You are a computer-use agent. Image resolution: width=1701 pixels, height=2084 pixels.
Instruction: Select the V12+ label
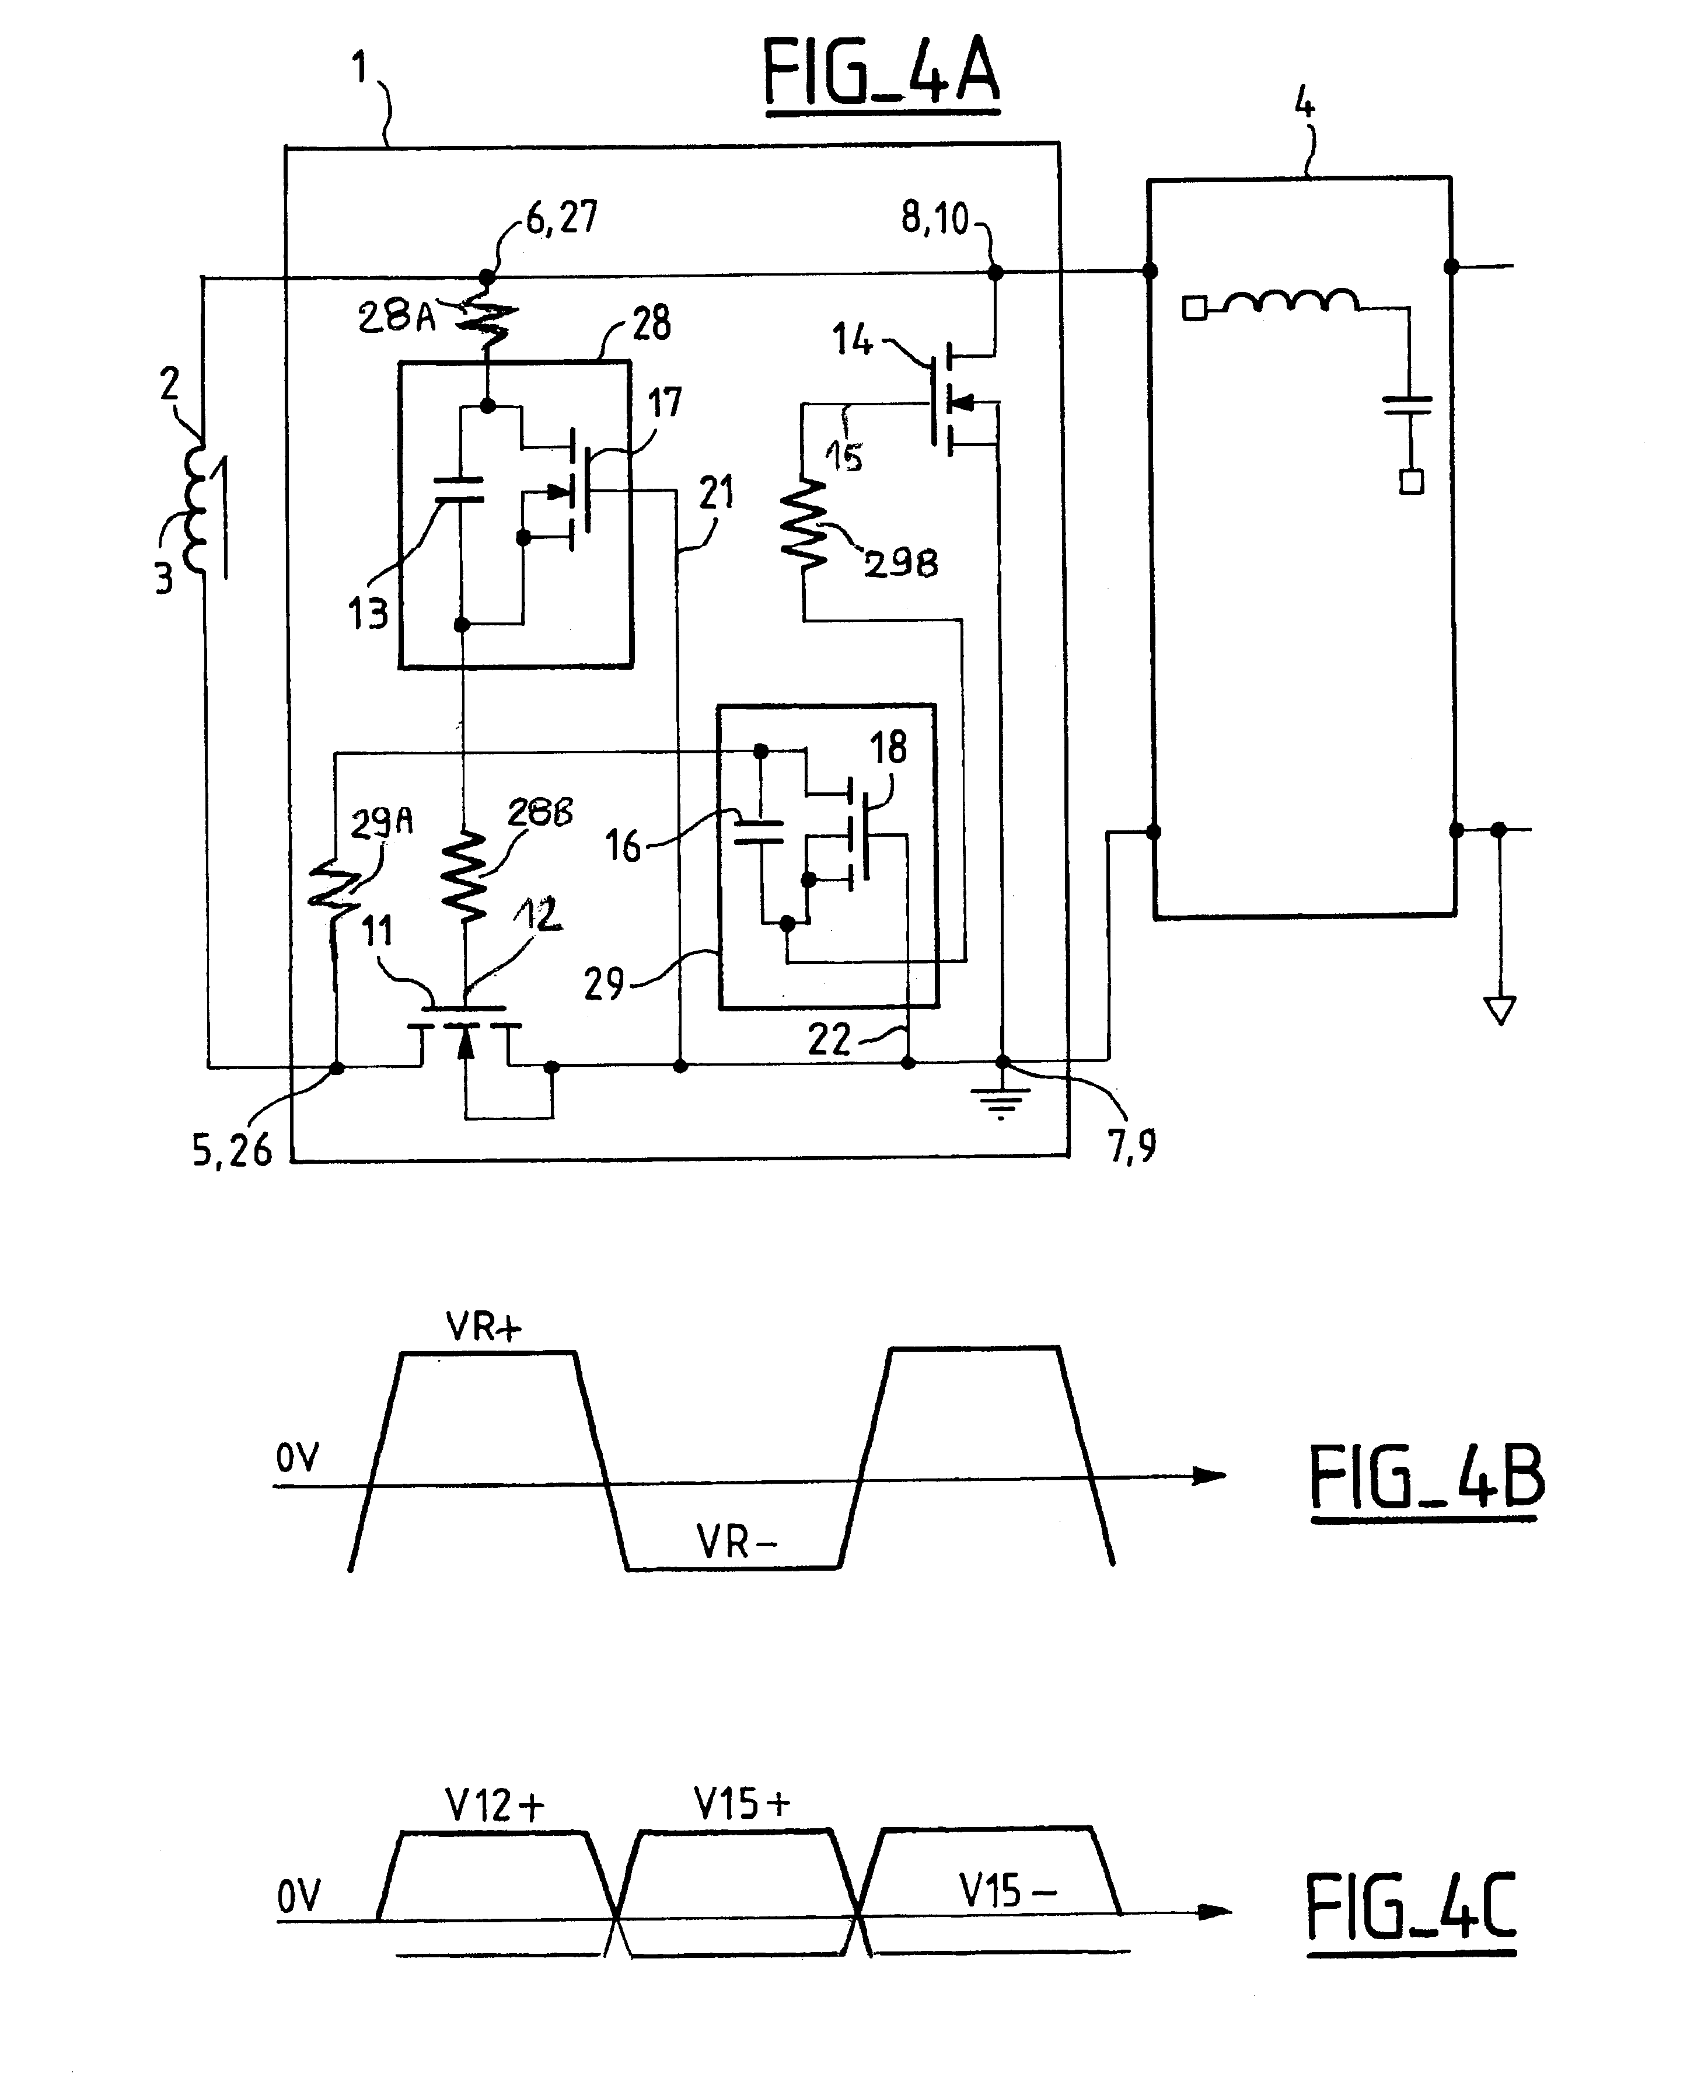495,1805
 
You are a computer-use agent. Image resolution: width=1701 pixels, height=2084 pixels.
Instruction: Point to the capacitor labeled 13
459,489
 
